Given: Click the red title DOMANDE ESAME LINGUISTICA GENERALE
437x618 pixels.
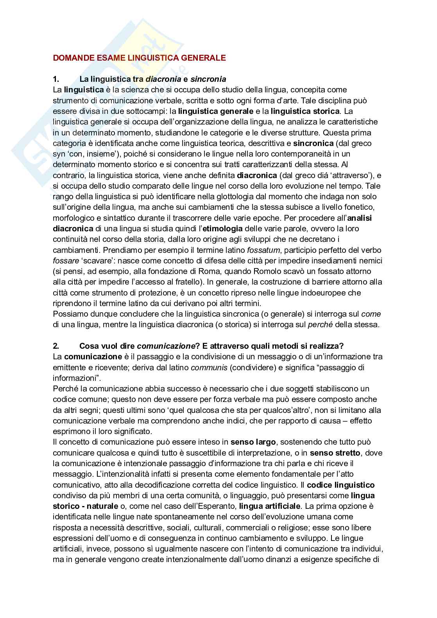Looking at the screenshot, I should (x=139, y=58).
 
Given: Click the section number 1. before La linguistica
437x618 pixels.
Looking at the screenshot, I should (x=56, y=79).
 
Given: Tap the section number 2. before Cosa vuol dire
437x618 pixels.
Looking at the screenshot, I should (x=56, y=346).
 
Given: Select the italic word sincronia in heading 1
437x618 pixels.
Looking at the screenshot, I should (x=208, y=79).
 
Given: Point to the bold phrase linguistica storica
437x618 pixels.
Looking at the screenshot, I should (x=305, y=111).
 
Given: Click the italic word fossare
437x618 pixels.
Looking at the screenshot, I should (x=66, y=261).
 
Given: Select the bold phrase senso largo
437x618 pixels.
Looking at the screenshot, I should (x=253, y=442).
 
